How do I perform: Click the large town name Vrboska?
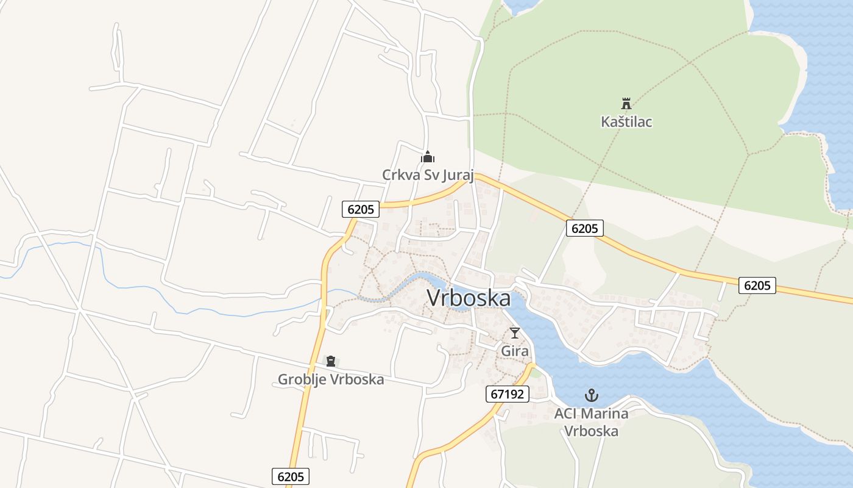click(x=469, y=298)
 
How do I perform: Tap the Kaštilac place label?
click(x=626, y=122)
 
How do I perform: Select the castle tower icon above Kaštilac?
click(x=626, y=103)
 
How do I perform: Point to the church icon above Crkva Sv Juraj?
click(x=428, y=157)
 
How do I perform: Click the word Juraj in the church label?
click(x=456, y=175)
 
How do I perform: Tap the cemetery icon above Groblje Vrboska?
click(x=331, y=361)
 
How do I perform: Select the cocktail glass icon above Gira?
click(x=515, y=333)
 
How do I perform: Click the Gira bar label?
click(x=515, y=351)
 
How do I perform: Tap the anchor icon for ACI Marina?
click(x=591, y=395)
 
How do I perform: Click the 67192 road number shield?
click(x=508, y=394)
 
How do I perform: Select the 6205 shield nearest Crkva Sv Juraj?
click(x=361, y=209)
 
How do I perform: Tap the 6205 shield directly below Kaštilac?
click(x=585, y=228)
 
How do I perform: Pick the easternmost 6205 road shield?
click(x=757, y=285)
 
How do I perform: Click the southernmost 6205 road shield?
click(x=291, y=476)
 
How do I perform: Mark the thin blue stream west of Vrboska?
click(x=140, y=287)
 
